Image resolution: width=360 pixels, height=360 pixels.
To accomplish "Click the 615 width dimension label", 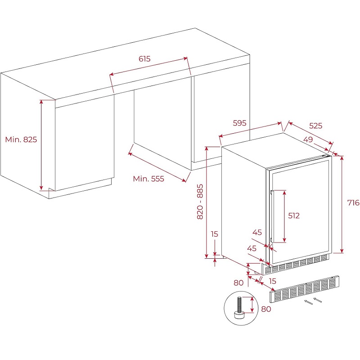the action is [144, 59].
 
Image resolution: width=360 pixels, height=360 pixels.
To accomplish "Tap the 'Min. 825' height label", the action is [21, 139].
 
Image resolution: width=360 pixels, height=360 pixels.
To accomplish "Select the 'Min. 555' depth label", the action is [148, 179].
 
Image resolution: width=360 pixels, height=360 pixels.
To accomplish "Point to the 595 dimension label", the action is [239, 123].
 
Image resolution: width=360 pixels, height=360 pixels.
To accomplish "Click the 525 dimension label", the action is [316, 126].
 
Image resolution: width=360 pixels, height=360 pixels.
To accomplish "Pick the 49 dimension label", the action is [308, 139].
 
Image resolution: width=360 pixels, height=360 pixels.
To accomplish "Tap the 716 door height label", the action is [353, 202].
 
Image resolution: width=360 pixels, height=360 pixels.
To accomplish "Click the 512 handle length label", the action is [294, 216].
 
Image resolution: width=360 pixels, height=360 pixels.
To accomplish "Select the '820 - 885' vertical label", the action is [200, 202].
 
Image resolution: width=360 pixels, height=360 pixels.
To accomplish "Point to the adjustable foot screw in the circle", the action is [239, 308].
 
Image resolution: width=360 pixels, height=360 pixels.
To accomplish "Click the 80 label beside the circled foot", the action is [266, 309].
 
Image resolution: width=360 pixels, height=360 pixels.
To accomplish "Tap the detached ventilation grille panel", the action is [304, 289].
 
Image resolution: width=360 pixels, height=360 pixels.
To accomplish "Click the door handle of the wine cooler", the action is [272, 216].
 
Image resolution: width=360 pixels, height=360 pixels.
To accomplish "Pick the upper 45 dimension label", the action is [257, 232].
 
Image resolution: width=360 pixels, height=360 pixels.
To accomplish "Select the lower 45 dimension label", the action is [252, 248].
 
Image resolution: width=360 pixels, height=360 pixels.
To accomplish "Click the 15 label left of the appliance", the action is [215, 234].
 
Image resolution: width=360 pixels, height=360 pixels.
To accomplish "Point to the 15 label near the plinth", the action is [273, 281].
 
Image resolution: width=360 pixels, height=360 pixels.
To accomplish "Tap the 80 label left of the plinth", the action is [238, 283].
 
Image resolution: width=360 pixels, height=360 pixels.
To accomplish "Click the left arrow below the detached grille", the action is [308, 302].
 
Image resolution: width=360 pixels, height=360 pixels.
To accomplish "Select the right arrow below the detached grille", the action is [318, 300].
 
